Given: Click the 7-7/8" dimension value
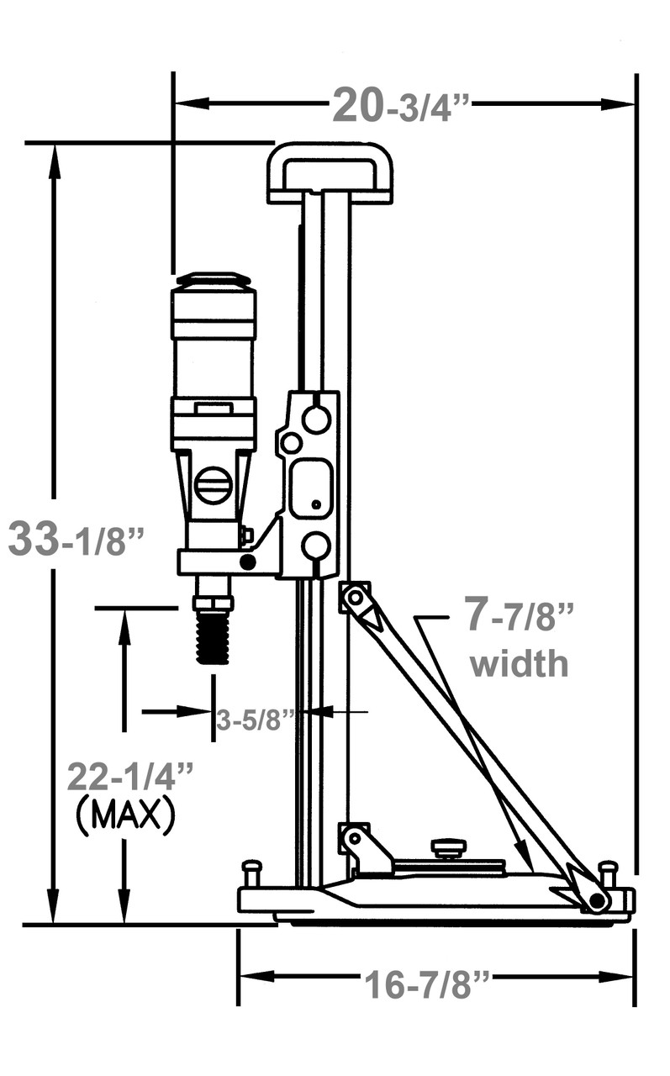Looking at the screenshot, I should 520,616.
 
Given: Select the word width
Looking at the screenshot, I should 519,664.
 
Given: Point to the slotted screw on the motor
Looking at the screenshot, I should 213,486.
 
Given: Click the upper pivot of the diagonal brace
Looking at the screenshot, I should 355,597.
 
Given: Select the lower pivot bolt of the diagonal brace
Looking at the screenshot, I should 598,901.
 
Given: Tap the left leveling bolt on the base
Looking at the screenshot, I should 251,873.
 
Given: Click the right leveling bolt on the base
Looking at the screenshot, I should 608,871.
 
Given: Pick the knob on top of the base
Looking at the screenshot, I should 449,847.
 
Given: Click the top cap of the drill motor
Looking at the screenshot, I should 213,280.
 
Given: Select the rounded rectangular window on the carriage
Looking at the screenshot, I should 311,488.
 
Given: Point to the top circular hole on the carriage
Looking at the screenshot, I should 316,419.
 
